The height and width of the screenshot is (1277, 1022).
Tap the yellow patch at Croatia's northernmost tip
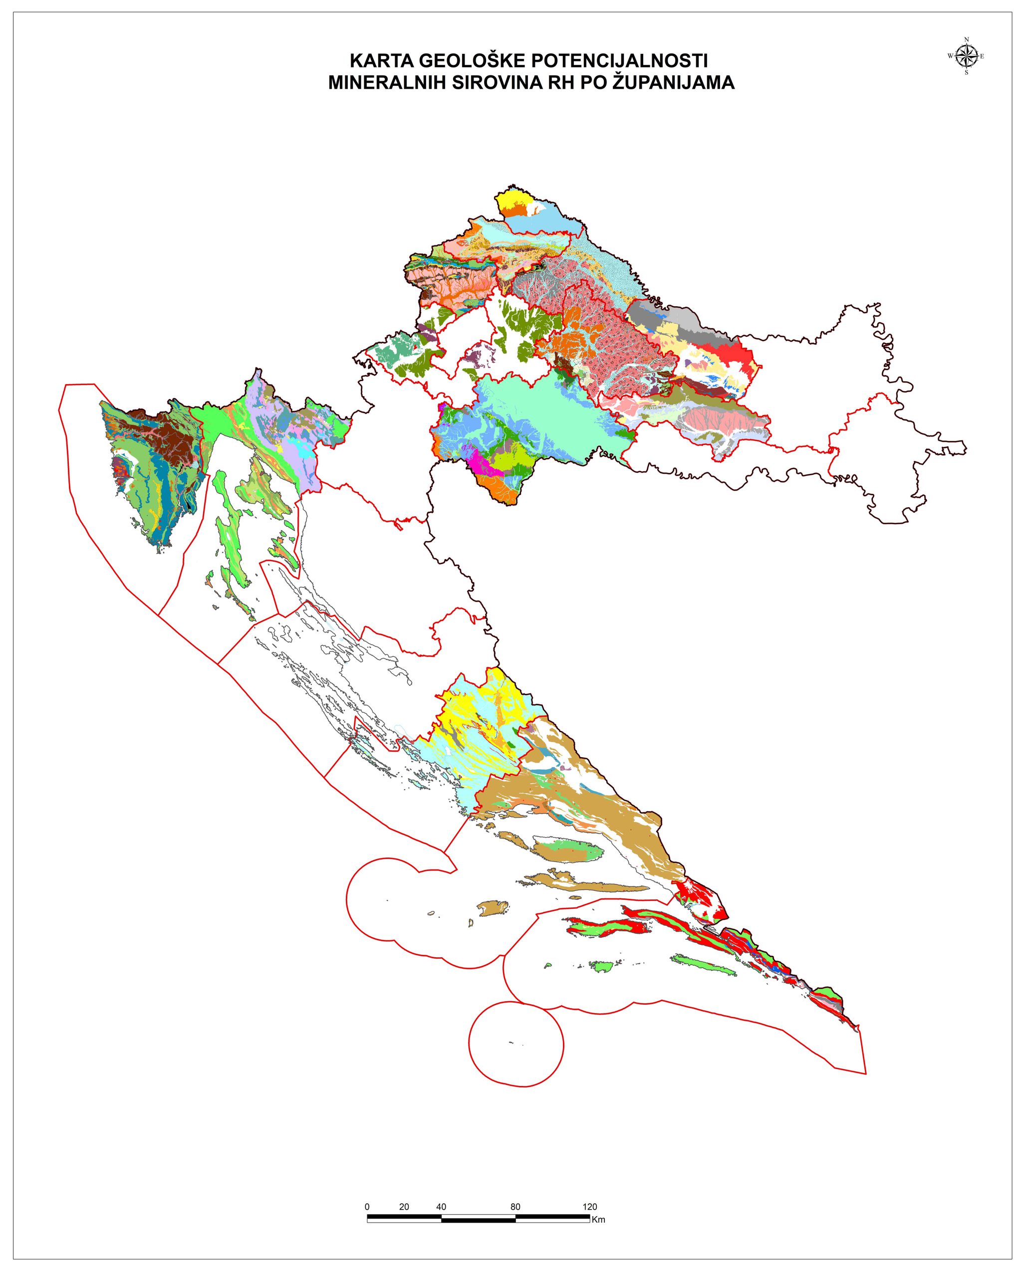510,199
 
